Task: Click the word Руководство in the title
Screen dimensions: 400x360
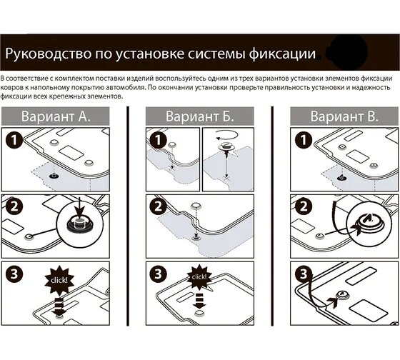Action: pos(49,54)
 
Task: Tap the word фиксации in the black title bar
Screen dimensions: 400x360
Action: pos(282,54)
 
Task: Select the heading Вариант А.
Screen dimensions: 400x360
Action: pos(56,116)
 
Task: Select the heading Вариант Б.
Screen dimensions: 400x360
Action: pos(200,116)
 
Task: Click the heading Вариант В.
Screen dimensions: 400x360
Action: pos(344,116)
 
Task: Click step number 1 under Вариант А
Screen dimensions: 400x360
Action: pos(14,139)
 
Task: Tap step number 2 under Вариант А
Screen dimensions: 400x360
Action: pos(14,206)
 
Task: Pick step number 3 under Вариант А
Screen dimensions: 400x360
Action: pos(14,274)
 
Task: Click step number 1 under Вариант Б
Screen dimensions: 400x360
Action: pos(159,139)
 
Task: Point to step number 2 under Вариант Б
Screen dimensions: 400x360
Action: pos(159,206)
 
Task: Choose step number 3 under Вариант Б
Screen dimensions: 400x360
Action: pos(159,274)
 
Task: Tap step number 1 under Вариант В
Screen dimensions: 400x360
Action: pos(304,139)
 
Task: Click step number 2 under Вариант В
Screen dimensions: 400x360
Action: pos(304,206)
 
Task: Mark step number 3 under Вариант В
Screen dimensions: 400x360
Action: pos(304,274)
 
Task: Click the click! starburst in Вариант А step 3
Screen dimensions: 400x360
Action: pos(59,280)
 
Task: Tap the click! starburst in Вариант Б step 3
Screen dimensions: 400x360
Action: pos(199,277)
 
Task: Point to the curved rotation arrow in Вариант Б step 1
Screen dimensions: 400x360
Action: pos(227,135)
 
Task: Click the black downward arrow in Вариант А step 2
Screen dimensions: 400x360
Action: pos(80,207)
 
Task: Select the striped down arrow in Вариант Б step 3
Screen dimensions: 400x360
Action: pos(199,301)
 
